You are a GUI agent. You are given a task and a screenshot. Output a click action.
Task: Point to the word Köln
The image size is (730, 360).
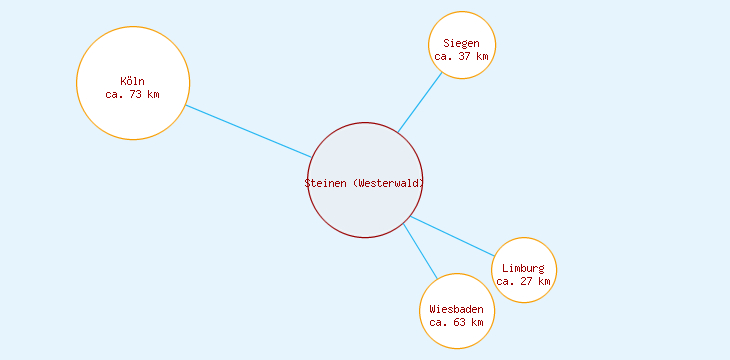pos(132,81)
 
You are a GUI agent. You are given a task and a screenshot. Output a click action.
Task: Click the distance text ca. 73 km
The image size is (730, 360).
pos(132,94)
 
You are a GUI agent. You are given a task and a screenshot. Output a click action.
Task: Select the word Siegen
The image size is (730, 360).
pos(462,43)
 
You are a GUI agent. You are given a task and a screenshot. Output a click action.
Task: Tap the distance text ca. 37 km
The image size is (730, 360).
pos(462,56)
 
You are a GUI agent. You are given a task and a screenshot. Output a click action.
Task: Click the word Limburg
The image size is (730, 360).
pos(524,268)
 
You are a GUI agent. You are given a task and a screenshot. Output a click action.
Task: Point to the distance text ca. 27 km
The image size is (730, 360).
pos(524,281)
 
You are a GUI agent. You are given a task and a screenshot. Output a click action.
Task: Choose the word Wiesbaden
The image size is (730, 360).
pos(457,309)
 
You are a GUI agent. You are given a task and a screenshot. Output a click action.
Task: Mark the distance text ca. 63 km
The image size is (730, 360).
pos(457,322)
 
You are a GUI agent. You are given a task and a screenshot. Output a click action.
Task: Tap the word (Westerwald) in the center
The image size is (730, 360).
pos(389,183)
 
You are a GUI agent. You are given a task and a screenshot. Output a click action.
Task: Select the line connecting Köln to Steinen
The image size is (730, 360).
pos(248,131)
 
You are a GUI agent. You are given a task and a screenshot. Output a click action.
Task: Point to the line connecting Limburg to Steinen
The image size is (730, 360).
pos(452,236)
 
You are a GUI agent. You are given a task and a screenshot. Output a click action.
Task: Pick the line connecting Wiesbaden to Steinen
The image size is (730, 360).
pos(421,251)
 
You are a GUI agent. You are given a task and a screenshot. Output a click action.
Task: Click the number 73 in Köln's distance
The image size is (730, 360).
pos(136,94)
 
